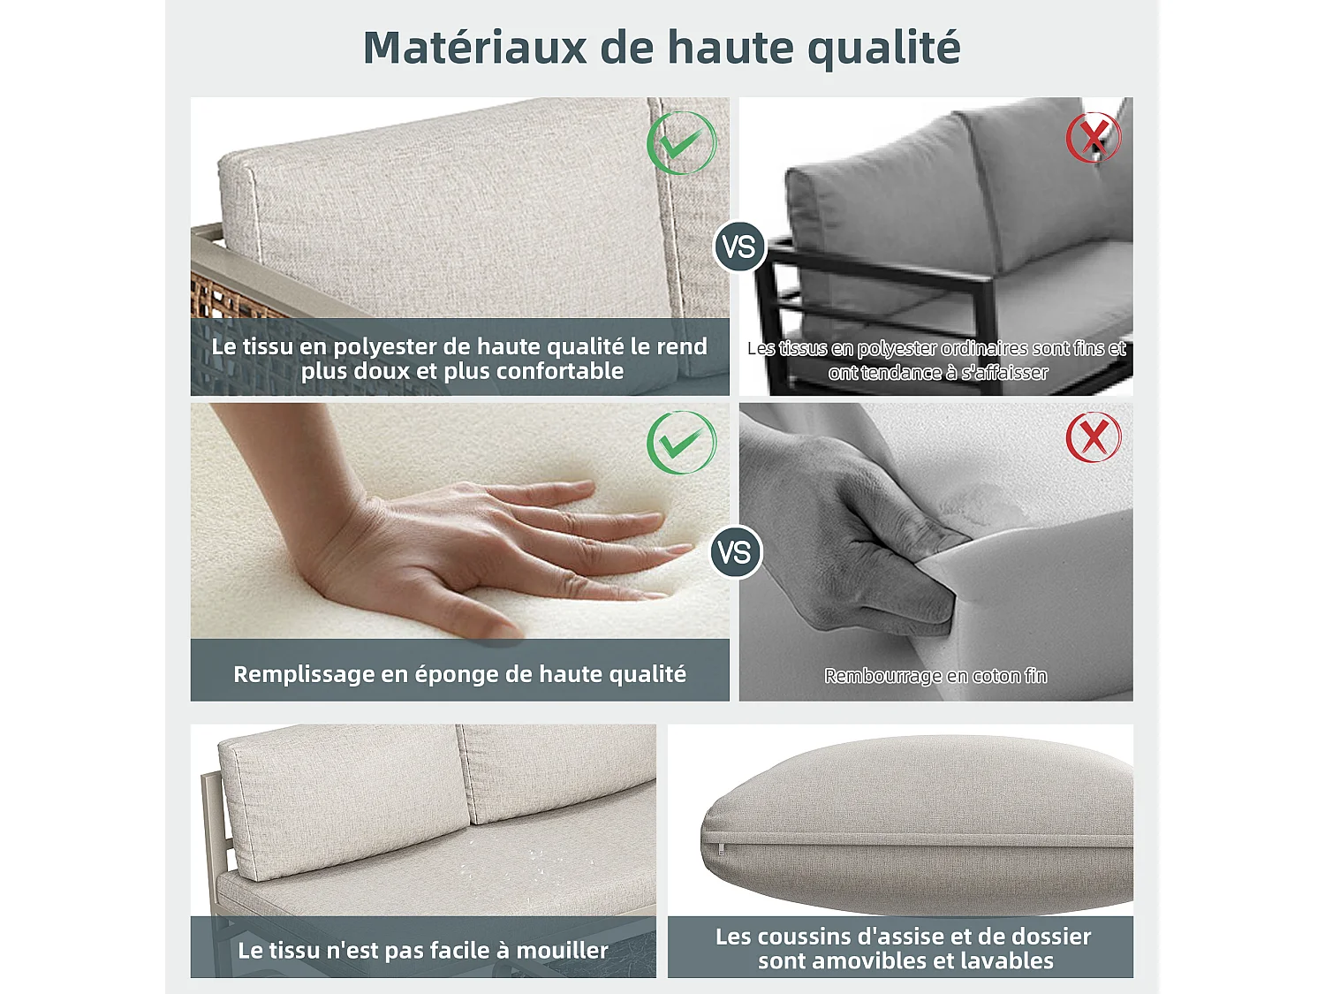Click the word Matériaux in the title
point(474,47)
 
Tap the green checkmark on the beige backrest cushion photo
point(682,143)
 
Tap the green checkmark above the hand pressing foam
point(682,443)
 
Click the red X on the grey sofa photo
point(1094,137)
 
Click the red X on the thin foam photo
point(1094,437)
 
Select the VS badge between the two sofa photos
point(738,247)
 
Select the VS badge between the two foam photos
point(736,551)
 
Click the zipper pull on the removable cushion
point(721,848)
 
